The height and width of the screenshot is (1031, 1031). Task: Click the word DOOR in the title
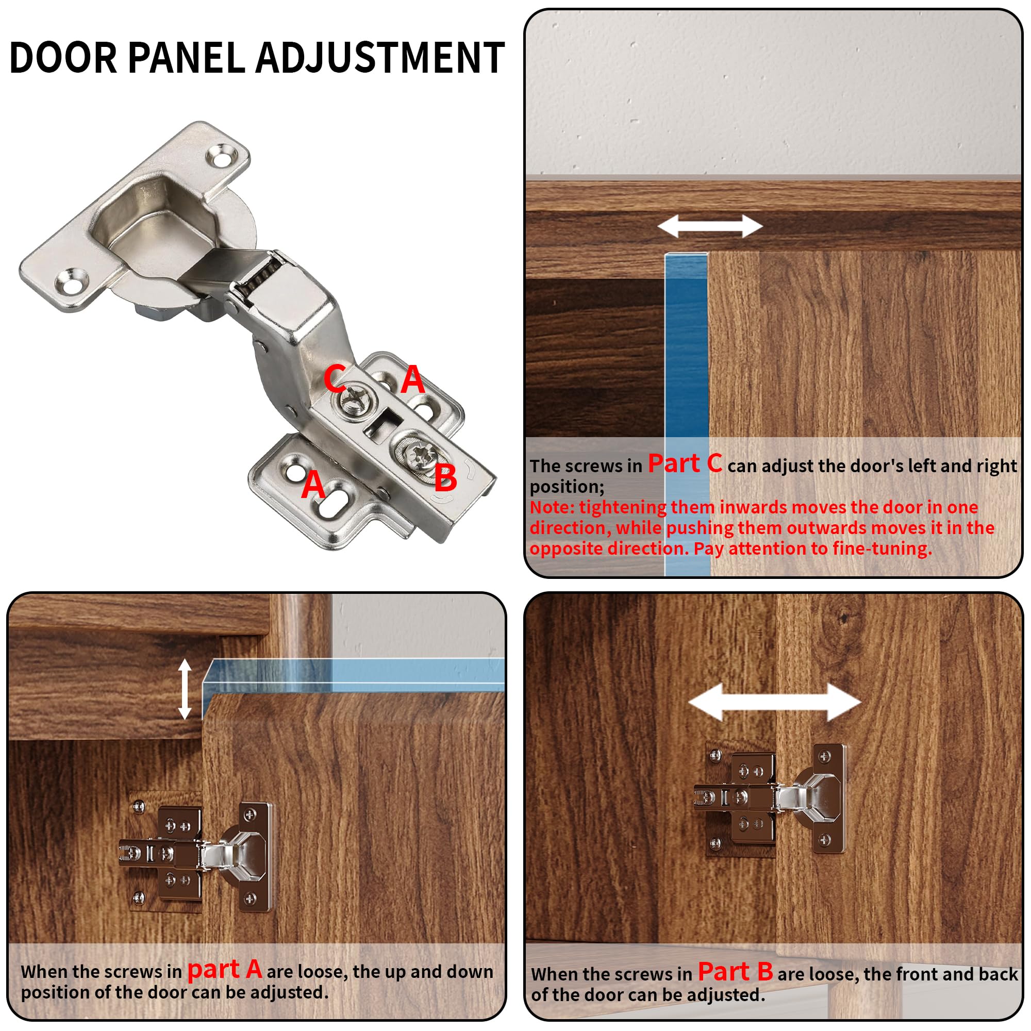(63, 58)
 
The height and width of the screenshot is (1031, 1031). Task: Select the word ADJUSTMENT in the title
(380, 58)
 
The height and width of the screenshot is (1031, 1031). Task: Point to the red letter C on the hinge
(335, 378)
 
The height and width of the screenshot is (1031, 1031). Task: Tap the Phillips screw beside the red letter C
(353, 398)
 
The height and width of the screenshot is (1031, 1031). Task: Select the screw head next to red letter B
(419, 455)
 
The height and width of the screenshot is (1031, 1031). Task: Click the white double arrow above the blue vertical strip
(710, 226)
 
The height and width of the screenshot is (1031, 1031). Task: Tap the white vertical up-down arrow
(185, 688)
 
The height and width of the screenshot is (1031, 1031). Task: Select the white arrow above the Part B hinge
(775, 702)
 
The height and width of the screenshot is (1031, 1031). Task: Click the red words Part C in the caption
(685, 463)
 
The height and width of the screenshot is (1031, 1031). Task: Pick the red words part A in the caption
(224, 969)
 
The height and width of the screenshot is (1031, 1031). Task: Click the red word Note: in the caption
(552, 507)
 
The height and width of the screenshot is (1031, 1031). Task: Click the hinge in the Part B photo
(770, 799)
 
